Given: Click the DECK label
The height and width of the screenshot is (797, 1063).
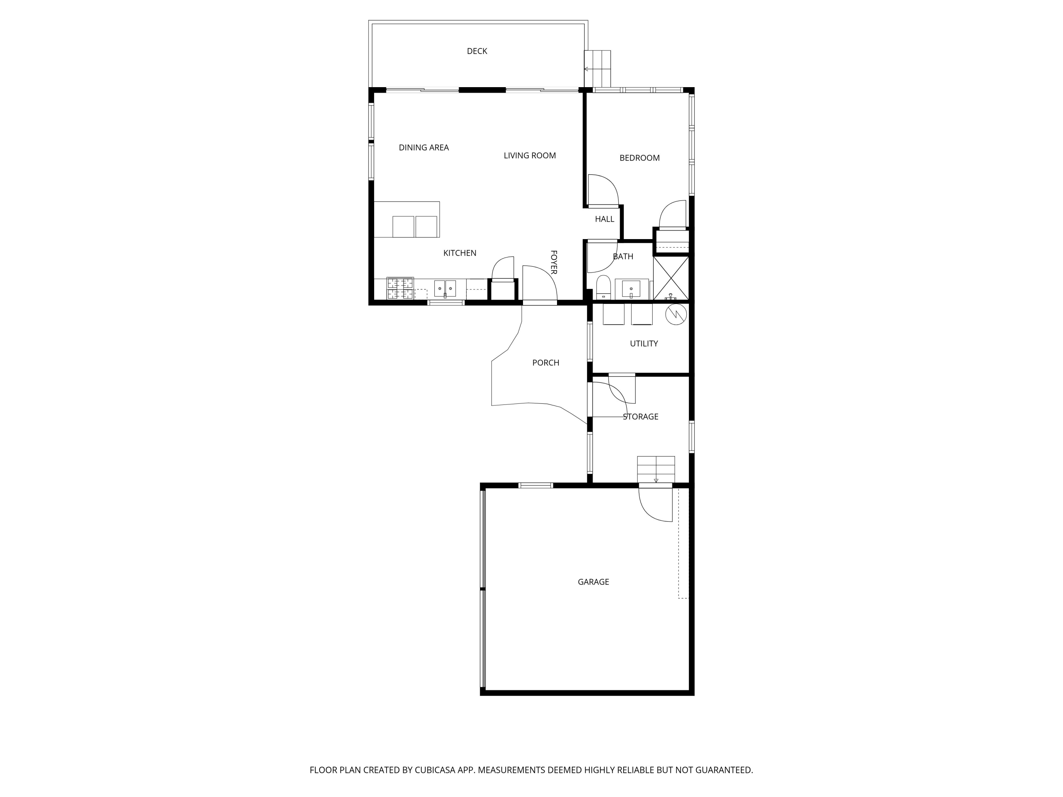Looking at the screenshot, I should pos(477,51).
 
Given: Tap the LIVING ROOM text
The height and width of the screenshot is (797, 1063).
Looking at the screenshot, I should pos(530,156).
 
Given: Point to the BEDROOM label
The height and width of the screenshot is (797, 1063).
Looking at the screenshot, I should pos(639,158).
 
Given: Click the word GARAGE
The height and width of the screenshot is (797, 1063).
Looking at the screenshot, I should pos(593,582).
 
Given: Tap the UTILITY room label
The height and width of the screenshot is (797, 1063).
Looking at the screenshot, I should pos(643,344).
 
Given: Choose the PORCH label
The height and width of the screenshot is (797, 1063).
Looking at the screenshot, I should pos(545,363).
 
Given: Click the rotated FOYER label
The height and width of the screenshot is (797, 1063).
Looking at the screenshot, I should pos(553,262).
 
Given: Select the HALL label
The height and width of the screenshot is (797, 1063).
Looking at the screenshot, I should pos(604,219).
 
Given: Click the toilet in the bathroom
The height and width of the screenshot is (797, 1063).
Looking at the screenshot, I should pos(603,287).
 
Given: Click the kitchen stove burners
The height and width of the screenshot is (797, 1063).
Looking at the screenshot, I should pos(400,288).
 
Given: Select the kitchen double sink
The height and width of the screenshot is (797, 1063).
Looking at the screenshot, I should pos(445,288).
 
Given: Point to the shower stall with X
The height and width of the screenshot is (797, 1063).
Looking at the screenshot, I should pos(671,278).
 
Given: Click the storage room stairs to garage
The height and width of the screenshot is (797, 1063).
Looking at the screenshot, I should pos(656,469).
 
